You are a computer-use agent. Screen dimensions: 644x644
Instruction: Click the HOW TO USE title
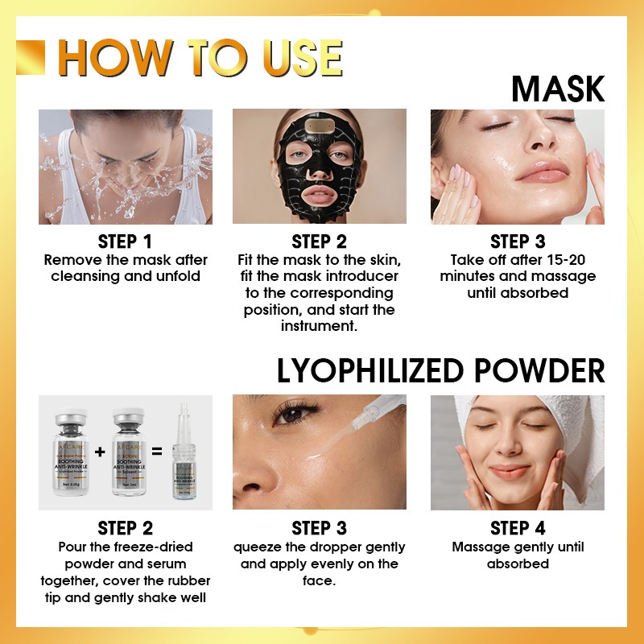coord(200,57)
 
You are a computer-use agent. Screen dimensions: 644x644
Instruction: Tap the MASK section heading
coord(557,89)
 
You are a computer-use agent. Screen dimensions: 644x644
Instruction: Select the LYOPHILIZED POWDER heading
coord(440,370)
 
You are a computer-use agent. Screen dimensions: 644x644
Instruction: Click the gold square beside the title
coord(31,57)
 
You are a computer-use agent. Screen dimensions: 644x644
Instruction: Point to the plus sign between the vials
coord(100,452)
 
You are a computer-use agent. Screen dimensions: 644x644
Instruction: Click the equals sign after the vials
coord(156,452)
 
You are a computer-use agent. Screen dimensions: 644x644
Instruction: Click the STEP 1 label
coord(126,242)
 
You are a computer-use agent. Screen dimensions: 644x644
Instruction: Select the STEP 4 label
coord(518,529)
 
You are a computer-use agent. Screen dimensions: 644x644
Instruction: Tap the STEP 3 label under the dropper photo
coord(320,529)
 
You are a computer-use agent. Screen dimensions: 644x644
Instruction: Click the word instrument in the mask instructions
coord(320,326)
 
